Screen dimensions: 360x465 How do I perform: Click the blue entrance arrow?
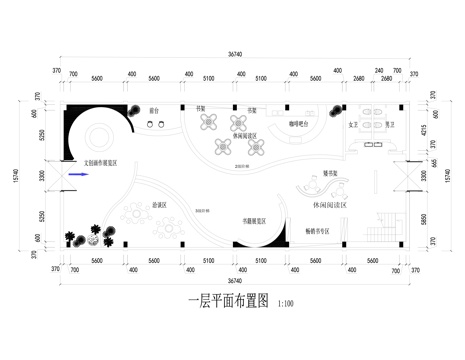(76, 174)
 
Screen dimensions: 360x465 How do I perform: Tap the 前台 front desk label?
(155, 112)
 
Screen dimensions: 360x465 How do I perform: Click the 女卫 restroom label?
(352, 127)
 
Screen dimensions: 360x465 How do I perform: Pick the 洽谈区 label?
(158, 205)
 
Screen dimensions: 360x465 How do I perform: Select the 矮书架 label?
(330, 173)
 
